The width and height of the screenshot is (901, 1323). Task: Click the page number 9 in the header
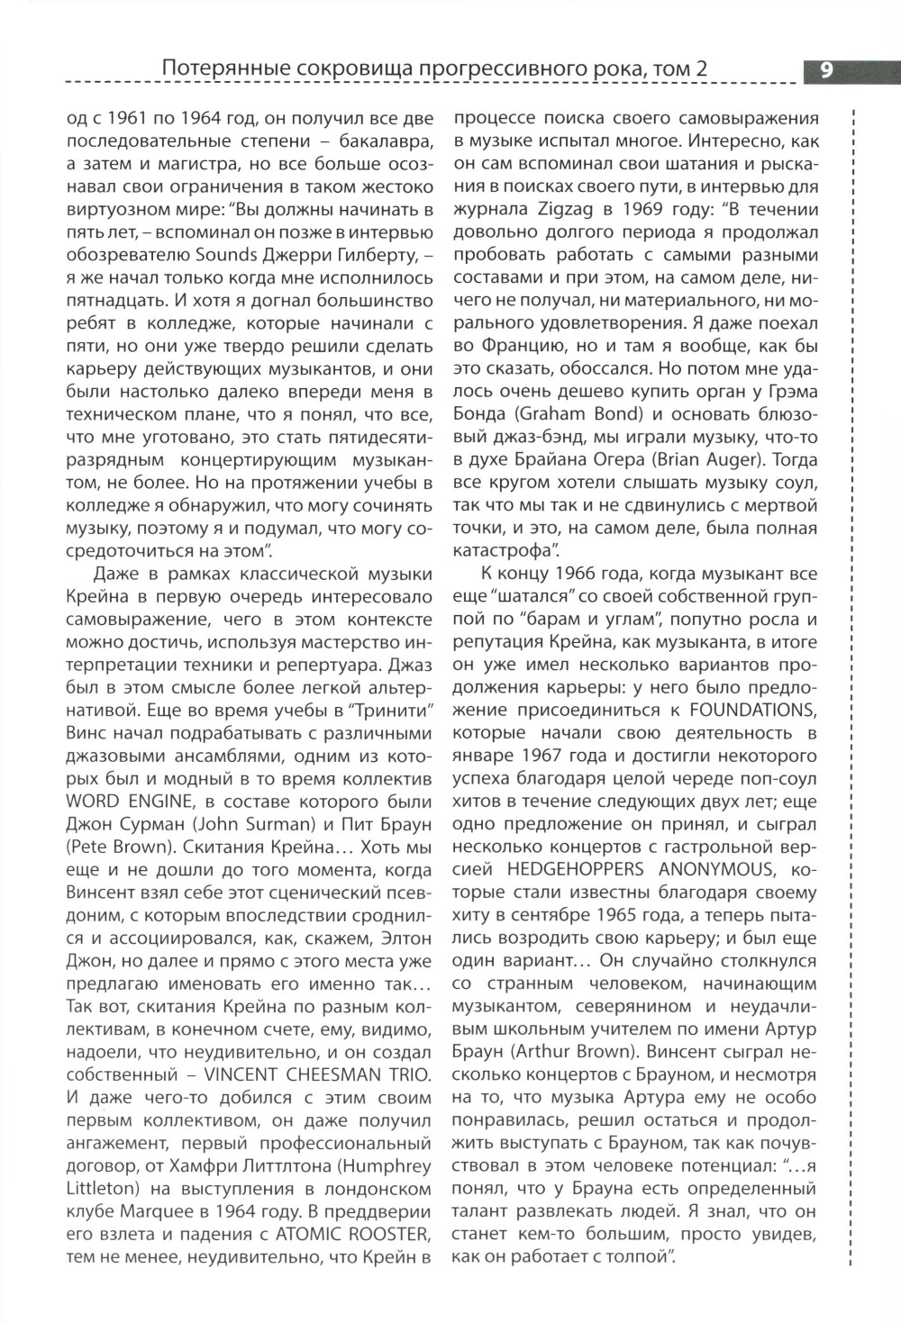pyautogui.click(x=825, y=69)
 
